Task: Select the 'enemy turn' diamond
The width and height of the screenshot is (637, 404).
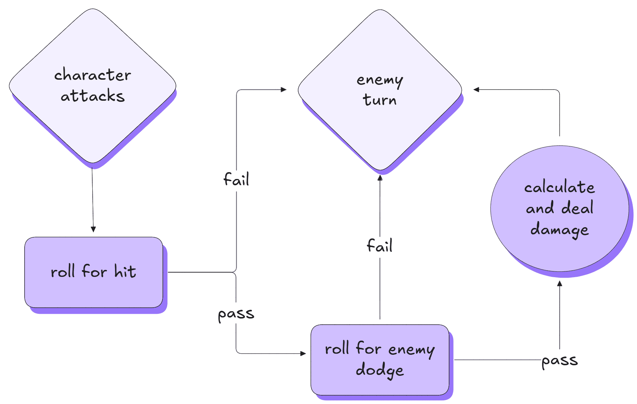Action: point(380,130)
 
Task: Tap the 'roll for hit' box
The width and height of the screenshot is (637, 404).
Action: point(93,290)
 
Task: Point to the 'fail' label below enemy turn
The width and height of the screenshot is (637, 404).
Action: point(380,246)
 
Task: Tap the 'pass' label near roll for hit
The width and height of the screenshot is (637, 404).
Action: point(236,314)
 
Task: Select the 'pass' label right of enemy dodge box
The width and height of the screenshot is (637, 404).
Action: point(560,361)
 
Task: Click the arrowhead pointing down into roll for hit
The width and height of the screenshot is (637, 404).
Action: point(93,229)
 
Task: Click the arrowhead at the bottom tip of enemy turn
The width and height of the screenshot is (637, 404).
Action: point(380,178)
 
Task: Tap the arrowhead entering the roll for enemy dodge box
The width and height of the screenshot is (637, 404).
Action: point(303,353)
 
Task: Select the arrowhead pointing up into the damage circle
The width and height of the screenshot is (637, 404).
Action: point(560,284)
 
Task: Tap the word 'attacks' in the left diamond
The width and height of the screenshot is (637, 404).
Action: point(93,96)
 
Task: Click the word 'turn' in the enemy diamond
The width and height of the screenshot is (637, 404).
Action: point(380,100)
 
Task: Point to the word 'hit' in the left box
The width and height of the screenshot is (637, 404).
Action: point(125,271)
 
